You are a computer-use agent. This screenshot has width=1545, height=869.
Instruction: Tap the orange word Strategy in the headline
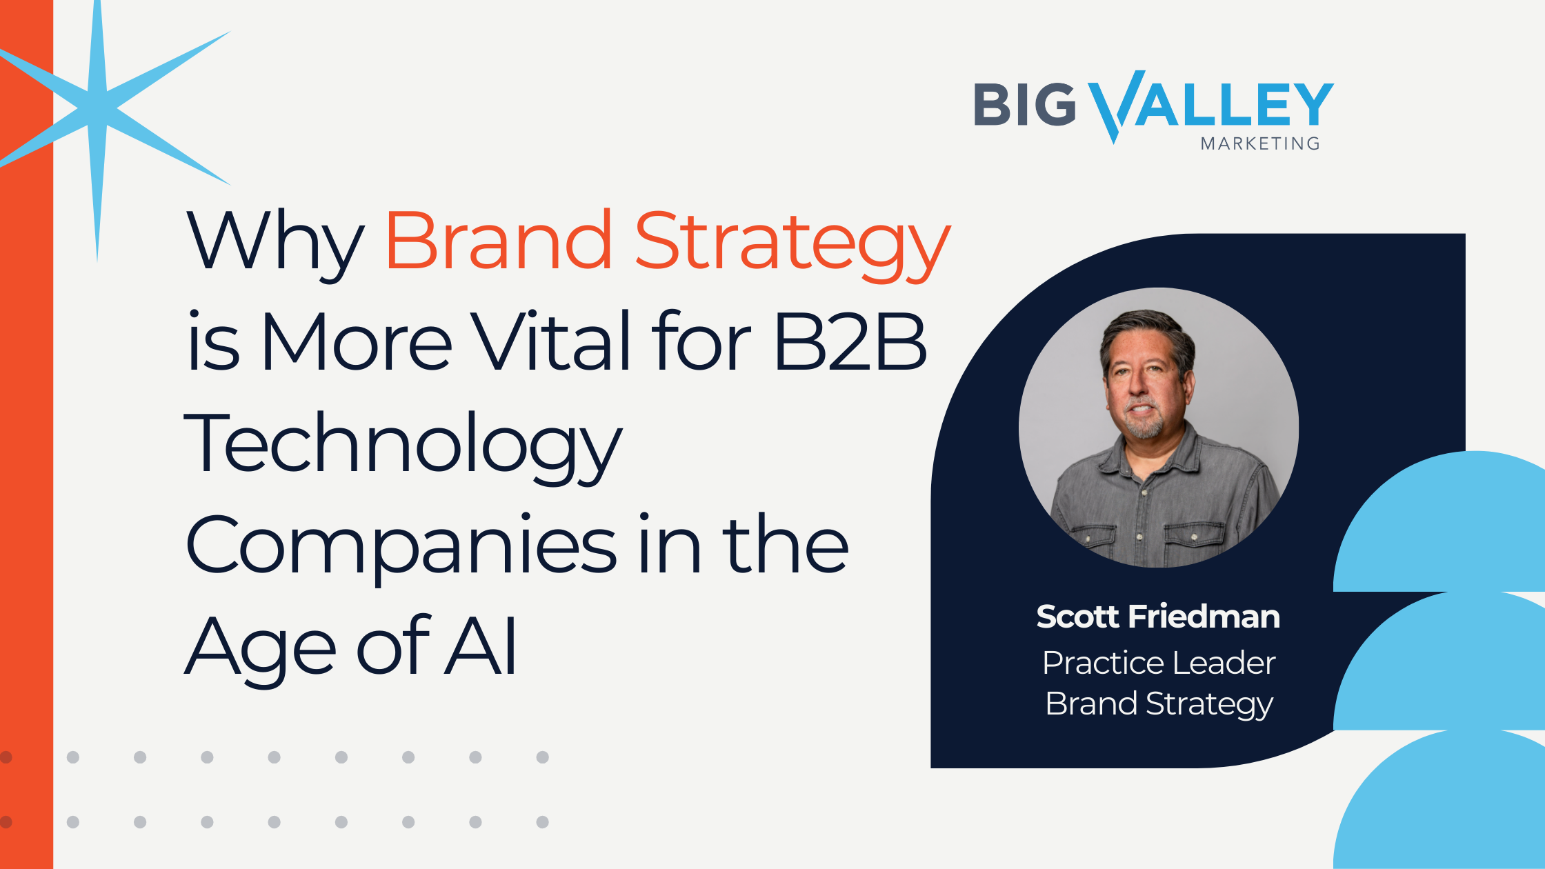coord(793,246)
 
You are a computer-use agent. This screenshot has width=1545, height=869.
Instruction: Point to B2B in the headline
coord(850,341)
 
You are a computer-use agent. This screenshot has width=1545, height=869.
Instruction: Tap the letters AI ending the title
coord(481,646)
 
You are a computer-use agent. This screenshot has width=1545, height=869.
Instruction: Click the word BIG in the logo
coord(1025,105)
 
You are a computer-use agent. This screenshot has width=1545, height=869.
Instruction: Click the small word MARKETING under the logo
coord(1260,143)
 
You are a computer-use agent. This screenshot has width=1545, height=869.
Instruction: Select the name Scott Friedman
coord(1158,617)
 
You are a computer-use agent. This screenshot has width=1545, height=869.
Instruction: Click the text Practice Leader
coord(1159,663)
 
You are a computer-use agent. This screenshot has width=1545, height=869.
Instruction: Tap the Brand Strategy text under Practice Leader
coord(1159,705)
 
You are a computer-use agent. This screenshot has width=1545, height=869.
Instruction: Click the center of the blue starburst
coord(99,109)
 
